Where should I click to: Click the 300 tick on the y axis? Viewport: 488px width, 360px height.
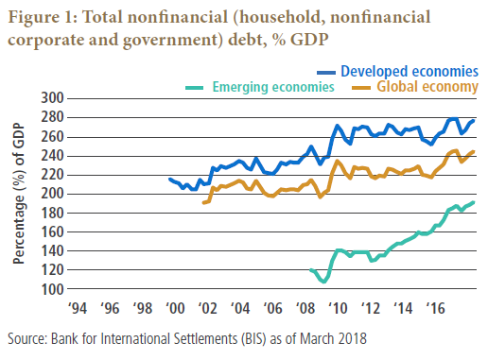tap(52, 98)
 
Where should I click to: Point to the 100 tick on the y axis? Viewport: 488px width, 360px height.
tap(52, 289)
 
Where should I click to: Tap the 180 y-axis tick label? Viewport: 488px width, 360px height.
tap(52, 214)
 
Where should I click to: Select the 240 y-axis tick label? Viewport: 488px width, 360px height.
tap(52, 156)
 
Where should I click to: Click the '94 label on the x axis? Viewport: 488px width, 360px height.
tap(78, 308)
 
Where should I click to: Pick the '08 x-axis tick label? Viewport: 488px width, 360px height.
tap(305, 308)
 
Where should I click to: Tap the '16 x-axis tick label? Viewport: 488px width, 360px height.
tap(435, 308)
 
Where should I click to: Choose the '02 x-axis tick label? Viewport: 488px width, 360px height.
tap(208, 308)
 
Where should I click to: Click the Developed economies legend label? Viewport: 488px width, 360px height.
tap(410, 72)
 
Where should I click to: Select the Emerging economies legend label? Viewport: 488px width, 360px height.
tap(273, 87)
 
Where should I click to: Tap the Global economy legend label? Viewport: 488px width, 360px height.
tap(427, 87)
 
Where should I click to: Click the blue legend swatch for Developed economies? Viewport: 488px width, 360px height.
tap(326, 73)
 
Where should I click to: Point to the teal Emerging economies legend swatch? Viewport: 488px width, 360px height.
tap(195, 88)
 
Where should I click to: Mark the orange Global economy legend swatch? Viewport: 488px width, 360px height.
tap(361, 88)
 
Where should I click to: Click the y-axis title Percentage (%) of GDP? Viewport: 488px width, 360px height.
tap(19, 194)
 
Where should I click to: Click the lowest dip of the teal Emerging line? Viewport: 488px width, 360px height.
tap(323, 282)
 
